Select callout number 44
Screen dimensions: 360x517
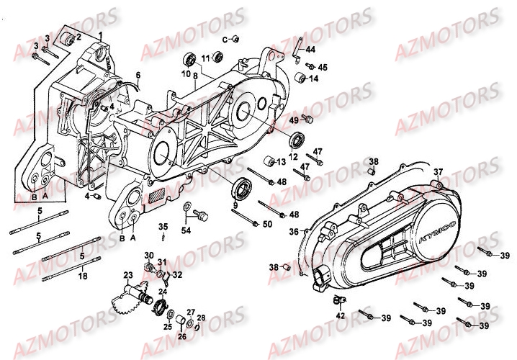click(x=310, y=50)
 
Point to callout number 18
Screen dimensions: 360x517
click(x=82, y=276)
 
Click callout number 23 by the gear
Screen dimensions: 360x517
click(x=127, y=274)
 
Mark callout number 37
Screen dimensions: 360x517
click(x=436, y=171)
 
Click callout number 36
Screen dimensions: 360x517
click(x=293, y=232)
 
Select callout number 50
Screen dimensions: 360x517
click(x=268, y=225)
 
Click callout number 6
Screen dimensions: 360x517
click(x=138, y=75)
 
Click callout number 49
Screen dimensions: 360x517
click(x=294, y=120)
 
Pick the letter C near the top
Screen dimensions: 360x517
click(x=225, y=38)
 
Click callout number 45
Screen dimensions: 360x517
click(x=322, y=67)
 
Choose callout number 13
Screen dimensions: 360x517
click(x=283, y=163)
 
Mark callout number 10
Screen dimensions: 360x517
click(x=185, y=73)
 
